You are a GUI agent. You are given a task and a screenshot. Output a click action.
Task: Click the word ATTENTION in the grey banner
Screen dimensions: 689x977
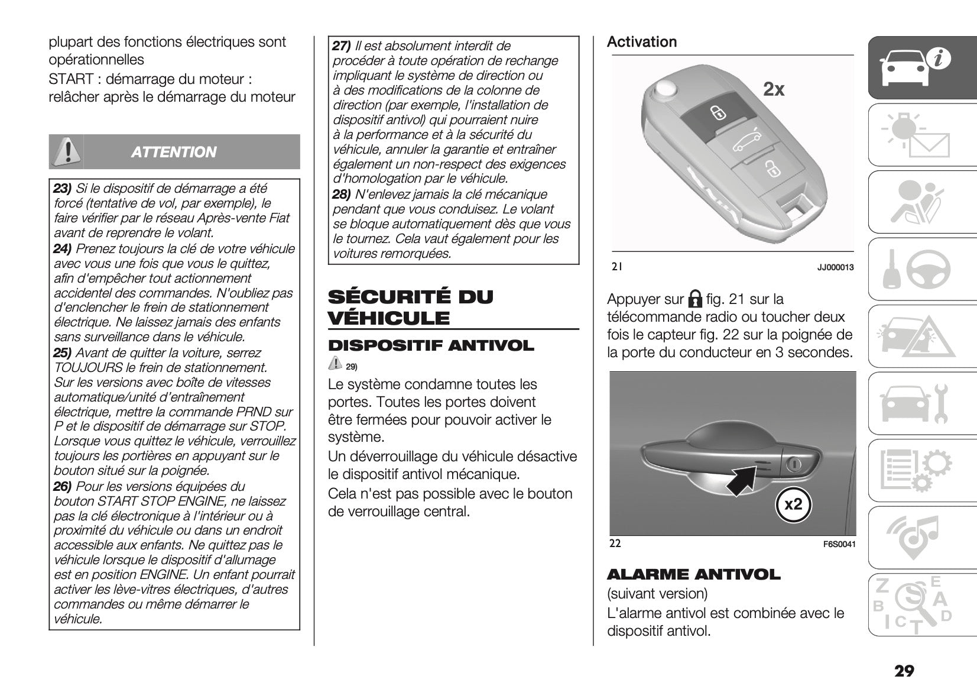[x=174, y=153]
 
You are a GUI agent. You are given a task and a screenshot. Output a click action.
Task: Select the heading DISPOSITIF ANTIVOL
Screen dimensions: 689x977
[x=431, y=346]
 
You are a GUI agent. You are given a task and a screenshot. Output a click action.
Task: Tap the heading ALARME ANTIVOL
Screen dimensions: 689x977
[x=693, y=575]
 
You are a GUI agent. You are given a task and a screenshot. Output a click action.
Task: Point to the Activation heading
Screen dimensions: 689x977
[x=642, y=42]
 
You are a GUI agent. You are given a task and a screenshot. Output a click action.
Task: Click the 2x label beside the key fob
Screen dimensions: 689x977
[x=774, y=89]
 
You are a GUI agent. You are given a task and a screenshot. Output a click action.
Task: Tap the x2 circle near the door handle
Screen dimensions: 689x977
[x=793, y=504]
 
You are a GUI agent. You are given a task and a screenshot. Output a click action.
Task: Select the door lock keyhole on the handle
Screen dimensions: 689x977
[x=794, y=464]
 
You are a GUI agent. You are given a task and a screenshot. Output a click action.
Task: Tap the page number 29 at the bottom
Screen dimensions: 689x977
[x=904, y=671]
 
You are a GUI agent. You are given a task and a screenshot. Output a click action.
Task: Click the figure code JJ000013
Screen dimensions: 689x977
[x=835, y=268]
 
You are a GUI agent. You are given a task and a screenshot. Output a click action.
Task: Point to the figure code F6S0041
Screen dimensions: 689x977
[x=839, y=544]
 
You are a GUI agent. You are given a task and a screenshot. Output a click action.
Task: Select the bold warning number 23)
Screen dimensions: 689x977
[x=63, y=189]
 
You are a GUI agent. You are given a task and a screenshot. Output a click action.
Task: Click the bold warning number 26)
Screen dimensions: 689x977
[x=63, y=487]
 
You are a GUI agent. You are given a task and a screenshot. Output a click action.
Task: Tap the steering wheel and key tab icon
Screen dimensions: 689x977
[x=913, y=269]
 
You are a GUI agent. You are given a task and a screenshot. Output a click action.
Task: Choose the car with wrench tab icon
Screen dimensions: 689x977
[x=913, y=404]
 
